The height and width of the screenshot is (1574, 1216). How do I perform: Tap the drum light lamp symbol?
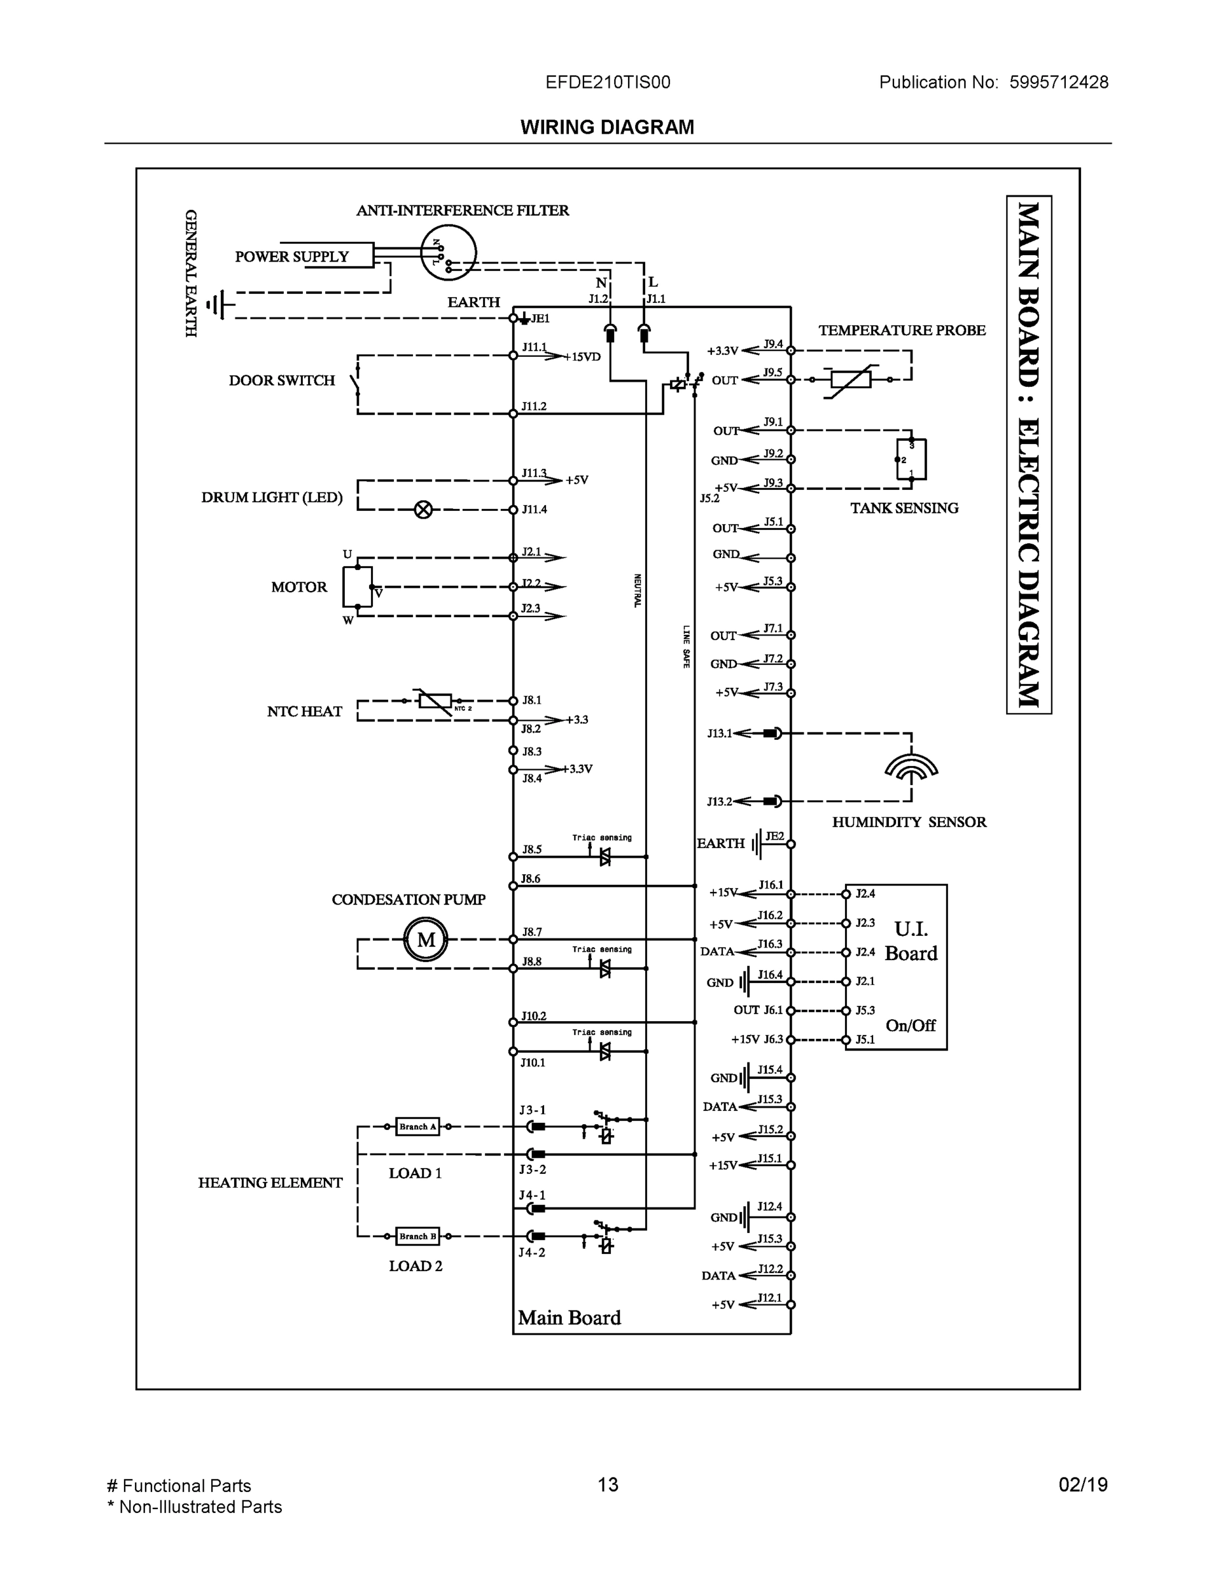click(x=423, y=510)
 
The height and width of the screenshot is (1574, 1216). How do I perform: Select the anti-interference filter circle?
click(x=448, y=252)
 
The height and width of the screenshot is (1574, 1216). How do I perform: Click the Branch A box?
click(x=417, y=1127)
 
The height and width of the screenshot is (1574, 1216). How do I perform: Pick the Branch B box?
click(x=417, y=1236)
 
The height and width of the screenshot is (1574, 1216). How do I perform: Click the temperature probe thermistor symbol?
click(x=850, y=379)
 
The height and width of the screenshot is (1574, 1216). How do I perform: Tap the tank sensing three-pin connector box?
click(x=911, y=459)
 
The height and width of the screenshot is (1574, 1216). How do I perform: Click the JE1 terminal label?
click(x=540, y=319)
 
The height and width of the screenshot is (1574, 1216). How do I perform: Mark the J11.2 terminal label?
click(x=534, y=407)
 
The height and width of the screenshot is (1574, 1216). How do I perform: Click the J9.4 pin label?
click(x=773, y=344)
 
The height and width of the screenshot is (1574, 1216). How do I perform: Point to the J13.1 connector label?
click(x=719, y=734)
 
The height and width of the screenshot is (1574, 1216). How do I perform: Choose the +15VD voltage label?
click(x=582, y=357)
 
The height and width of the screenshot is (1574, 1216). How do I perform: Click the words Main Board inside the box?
click(x=569, y=1318)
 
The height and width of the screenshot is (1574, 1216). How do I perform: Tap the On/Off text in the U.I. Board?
click(x=911, y=1025)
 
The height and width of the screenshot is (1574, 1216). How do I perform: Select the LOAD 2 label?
click(x=416, y=1266)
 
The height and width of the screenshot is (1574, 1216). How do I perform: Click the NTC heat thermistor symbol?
click(x=435, y=700)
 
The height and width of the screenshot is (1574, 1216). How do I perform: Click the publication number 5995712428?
click(x=1058, y=82)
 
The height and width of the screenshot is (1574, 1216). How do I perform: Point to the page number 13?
click(x=608, y=1485)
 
